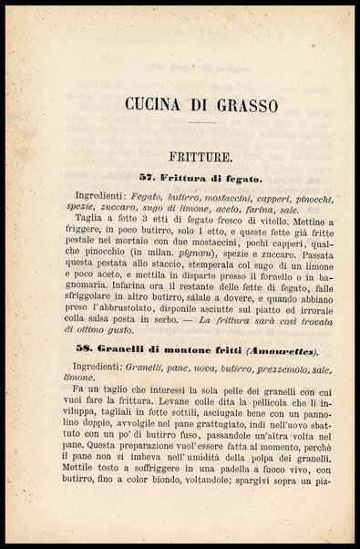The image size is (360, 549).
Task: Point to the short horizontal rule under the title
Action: pyautogui.click(x=197, y=120)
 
